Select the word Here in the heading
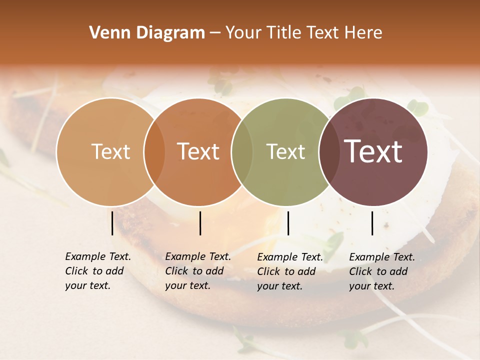(363, 33)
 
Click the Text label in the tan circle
(110, 152)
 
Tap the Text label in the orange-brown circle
(198, 152)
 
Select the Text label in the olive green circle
(285, 152)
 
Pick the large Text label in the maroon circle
(373, 152)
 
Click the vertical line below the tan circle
(112, 223)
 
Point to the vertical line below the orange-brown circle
(200, 223)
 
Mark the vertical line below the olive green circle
(288, 223)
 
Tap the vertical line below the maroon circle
(372, 223)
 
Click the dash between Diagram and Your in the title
(215, 33)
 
